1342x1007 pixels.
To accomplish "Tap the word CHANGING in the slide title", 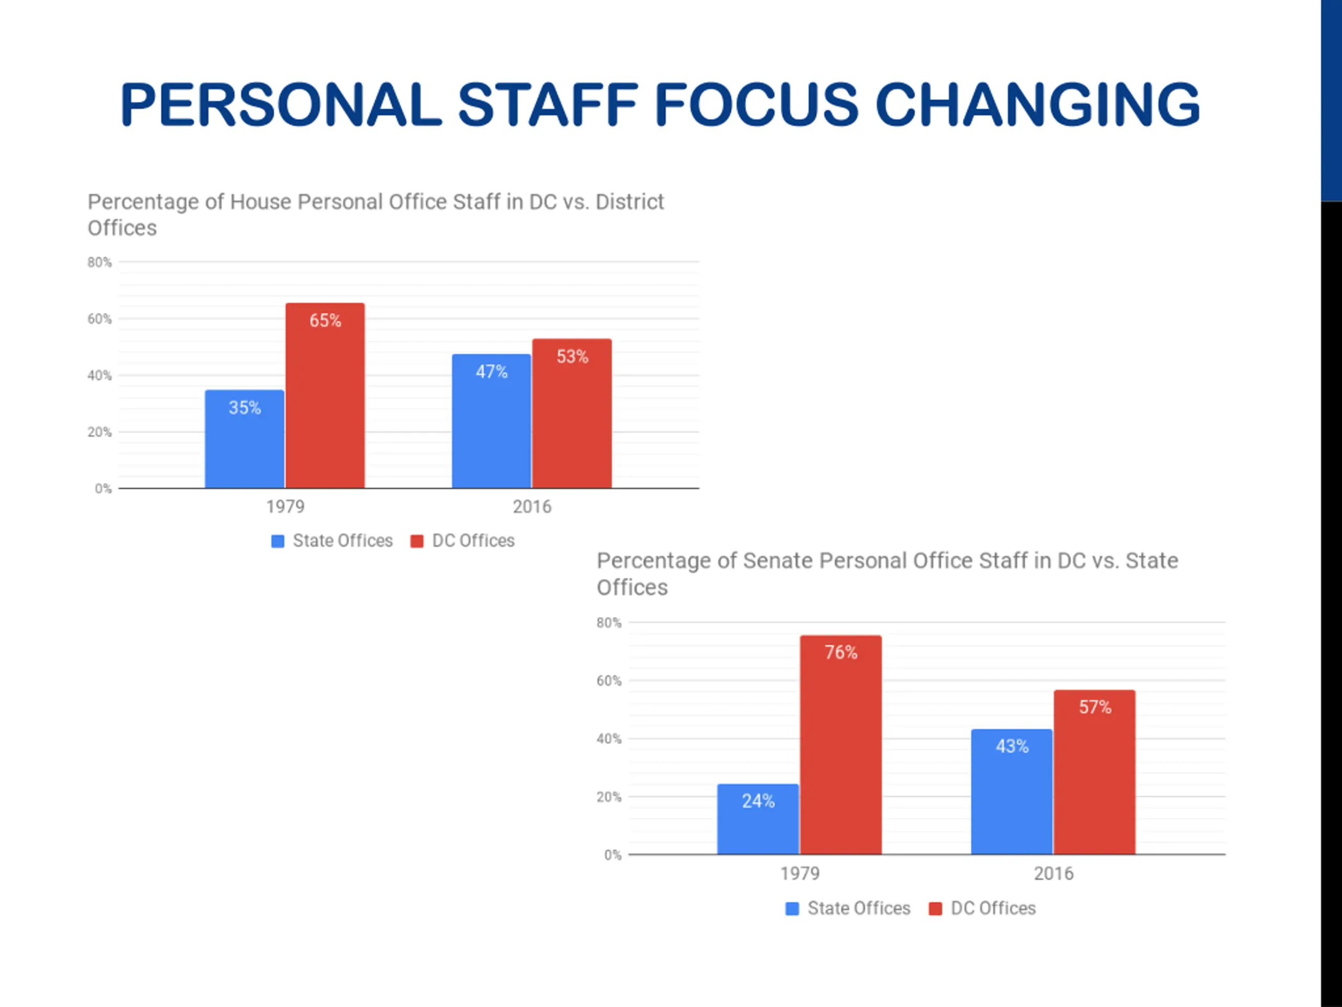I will tap(1037, 104).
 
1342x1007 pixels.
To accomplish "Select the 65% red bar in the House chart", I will tap(325, 394).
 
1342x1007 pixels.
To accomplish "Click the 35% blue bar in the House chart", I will tap(244, 438).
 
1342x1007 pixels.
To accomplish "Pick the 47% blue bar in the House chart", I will tap(491, 421).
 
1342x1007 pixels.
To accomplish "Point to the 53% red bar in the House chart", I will tap(572, 413).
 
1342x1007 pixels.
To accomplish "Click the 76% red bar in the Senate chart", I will tap(841, 744).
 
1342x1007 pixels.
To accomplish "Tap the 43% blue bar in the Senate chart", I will tap(1011, 791).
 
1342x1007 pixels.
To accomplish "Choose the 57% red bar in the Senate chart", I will tap(1095, 772).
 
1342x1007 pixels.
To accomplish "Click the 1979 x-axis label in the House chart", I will tap(285, 506).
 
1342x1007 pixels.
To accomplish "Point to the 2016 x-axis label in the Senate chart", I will tap(1053, 873).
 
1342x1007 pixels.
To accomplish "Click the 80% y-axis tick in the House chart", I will tap(100, 262).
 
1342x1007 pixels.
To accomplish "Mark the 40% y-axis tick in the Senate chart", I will tap(609, 738).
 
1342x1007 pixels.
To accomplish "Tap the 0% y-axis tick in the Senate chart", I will tap(612, 855).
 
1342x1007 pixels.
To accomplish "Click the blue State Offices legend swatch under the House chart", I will tap(277, 541).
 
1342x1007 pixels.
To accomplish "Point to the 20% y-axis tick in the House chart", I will tap(100, 432).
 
